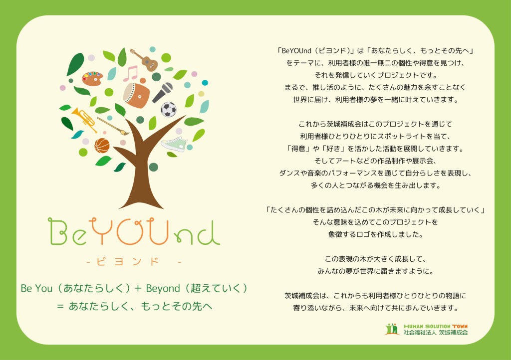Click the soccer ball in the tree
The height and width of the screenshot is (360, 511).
[169, 109]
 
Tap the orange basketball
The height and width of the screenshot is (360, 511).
[102, 146]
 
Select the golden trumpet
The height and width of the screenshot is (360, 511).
[84, 120]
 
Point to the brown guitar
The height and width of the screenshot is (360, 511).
[145, 60]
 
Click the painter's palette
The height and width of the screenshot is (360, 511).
[92, 78]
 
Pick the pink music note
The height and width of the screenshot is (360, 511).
[131, 74]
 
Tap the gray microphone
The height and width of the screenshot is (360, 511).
[163, 92]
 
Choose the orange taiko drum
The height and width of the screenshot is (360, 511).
[137, 95]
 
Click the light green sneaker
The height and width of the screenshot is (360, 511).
[174, 144]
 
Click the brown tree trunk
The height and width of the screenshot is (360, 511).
[143, 169]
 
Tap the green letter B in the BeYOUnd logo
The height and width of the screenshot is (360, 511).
[58, 231]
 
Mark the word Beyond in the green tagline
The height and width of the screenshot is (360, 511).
[163, 289]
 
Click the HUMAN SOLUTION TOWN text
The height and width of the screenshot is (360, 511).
[436, 326]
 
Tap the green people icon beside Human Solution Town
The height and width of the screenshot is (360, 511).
[392, 329]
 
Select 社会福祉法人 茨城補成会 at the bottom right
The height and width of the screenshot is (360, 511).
[436, 333]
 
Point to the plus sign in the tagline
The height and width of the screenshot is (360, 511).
[138, 288]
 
